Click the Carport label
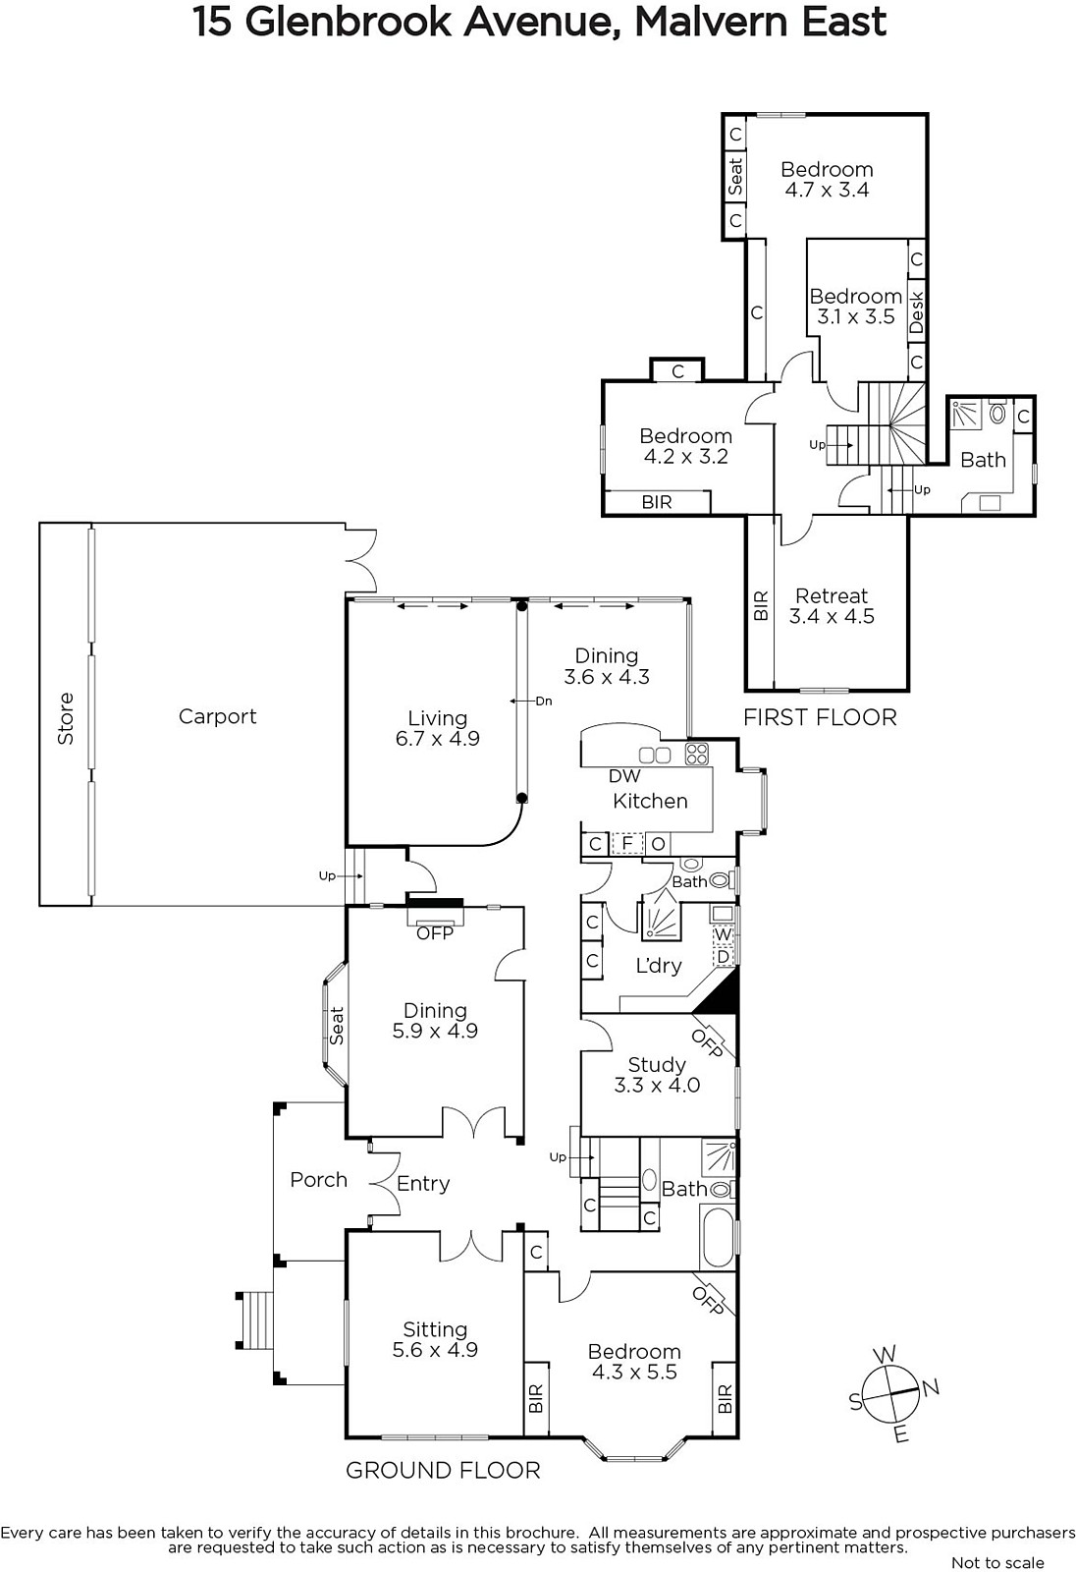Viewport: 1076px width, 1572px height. pyautogui.click(x=217, y=716)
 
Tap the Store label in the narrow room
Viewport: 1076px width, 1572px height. pyautogui.click(x=65, y=718)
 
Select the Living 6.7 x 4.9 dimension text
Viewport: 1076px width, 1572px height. pyautogui.click(x=438, y=738)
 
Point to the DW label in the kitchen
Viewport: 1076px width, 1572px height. pyautogui.click(x=624, y=776)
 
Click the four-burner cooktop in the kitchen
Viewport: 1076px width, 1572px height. pyautogui.click(x=697, y=753)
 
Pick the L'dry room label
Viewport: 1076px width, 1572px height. pyautogui.click(x=659, y=966)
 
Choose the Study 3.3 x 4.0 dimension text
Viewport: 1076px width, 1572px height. pyautogui.click(x=657, y=1086)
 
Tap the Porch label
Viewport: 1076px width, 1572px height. pyautogui.click(x=319, y=1180)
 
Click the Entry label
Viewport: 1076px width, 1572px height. pyautogui.click(x=423, y=1184)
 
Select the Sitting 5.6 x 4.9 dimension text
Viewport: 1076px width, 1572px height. pyautogui.click(x=435, y=1350)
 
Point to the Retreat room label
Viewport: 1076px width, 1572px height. pyautogui.click(x=832, y=595)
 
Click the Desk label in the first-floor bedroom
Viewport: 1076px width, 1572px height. pyautogui.click(x=917, y=312)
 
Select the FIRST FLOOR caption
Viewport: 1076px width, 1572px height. pyautogui.click(x=820, y=717)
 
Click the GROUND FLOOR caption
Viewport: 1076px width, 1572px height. pyautogui.click(x=444, y=1470)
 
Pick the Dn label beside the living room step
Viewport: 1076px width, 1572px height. pyautogui.click(x=544, y=701)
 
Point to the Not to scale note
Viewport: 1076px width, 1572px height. pyautogui.click(x=997, y=1563)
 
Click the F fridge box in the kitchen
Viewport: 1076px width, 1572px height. pyautogui.click(x=627, y=843)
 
